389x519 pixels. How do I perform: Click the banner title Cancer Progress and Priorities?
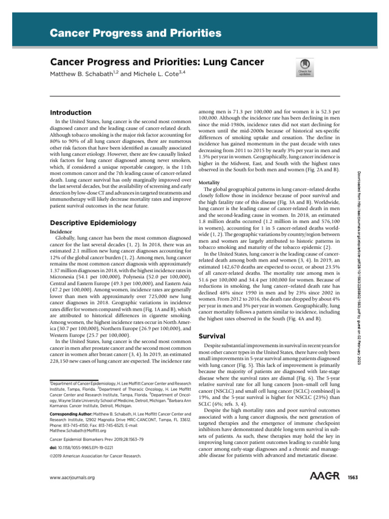point(135,34)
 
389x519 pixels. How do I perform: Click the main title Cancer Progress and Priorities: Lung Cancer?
point(157,62)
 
